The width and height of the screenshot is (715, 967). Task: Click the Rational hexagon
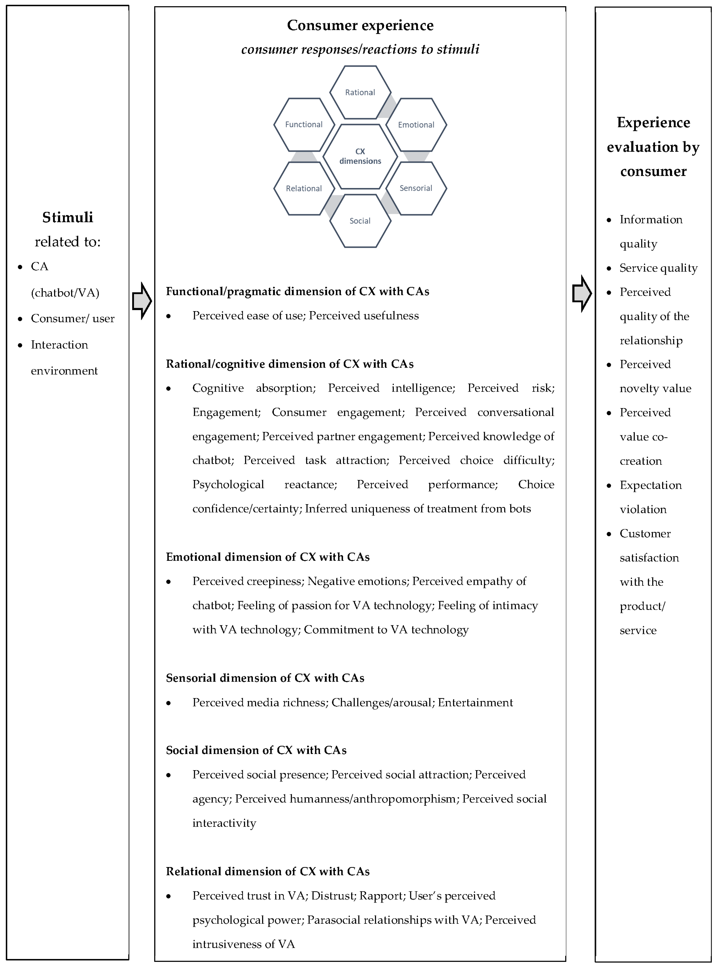(360, 92)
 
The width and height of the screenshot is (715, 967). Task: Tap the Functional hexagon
(304, 125)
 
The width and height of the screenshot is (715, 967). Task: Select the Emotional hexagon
(416, 125)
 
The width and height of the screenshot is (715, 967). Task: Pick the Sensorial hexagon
(416, 188)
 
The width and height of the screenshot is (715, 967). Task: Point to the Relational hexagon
(304, 188)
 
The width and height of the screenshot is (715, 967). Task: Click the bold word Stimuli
(67, 217)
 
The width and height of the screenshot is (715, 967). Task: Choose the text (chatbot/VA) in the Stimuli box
(65, 293)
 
